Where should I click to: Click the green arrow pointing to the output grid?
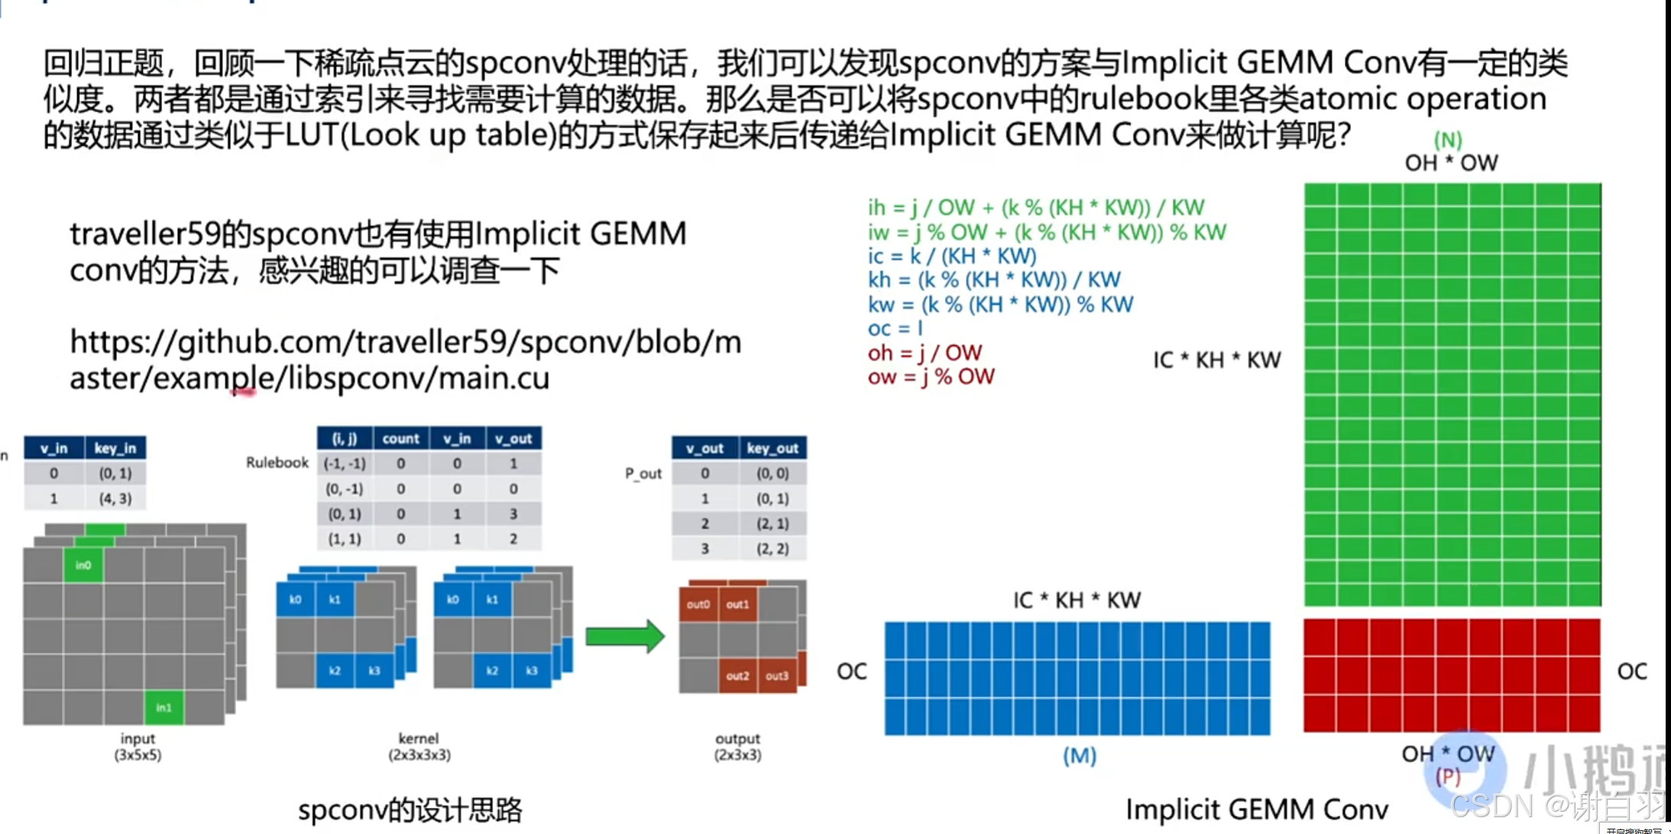[625, 636]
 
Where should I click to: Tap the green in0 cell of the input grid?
[83, 565]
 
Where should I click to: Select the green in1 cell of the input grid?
[164, 707]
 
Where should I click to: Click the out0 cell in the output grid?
[698, 604]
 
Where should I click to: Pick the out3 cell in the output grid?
[777, 676]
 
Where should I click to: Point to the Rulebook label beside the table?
[277, 462]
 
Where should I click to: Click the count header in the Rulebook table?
[401, 439]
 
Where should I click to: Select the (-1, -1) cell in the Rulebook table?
[345, 463]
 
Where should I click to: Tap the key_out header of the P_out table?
[772, 448]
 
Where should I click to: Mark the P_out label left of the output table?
[643, 473]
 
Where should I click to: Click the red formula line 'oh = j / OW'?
[924, 352]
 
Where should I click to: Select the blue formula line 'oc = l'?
[895, 329]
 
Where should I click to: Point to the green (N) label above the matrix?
[1448, 140]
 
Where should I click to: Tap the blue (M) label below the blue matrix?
[1079, 756]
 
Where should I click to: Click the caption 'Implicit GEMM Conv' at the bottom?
[1257, 809]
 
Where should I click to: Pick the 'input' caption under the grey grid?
[138, 738]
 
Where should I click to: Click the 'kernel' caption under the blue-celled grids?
[418, 738]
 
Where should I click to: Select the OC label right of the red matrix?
[1632, 671]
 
